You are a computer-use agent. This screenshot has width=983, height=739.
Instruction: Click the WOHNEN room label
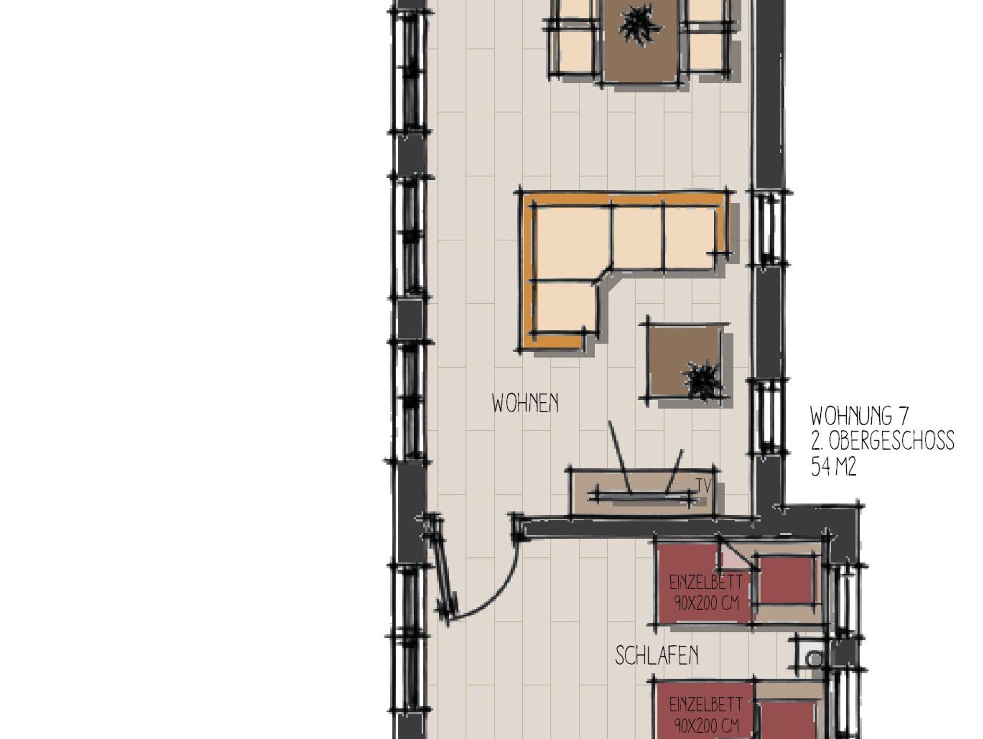525,403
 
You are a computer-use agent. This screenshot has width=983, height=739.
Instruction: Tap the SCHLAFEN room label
657,655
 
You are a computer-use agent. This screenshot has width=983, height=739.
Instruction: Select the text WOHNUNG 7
859,416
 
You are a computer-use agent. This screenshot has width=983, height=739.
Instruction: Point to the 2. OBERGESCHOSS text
882,441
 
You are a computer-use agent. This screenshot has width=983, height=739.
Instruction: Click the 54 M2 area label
834,466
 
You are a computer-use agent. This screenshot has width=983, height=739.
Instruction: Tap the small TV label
704,485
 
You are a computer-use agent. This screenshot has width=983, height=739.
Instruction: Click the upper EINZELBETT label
706,592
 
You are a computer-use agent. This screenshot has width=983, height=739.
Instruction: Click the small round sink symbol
813,659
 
